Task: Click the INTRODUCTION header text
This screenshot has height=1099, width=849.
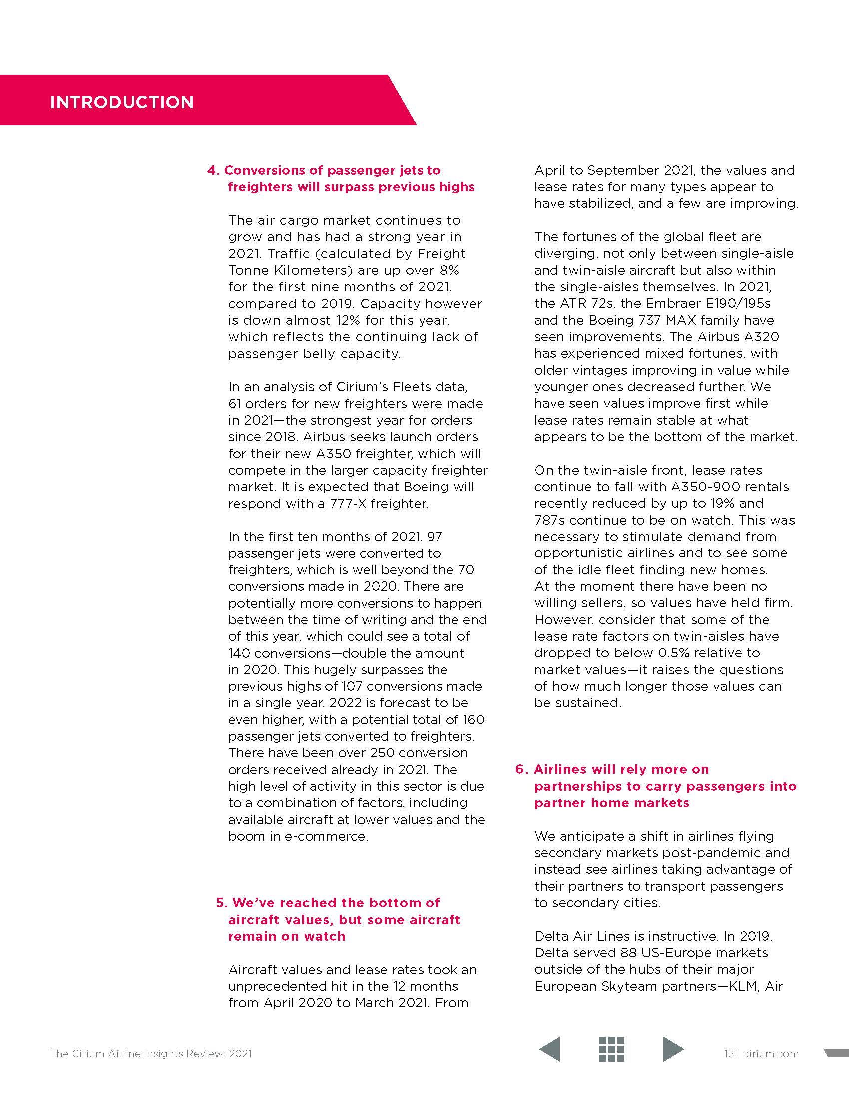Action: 122,102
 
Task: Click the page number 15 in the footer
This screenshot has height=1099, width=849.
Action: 729,1053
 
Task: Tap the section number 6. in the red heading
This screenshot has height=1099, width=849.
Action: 521,769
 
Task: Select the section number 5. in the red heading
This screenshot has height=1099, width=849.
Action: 222,903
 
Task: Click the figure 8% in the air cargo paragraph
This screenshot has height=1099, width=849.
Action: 449,270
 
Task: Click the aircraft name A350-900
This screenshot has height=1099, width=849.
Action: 705,487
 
